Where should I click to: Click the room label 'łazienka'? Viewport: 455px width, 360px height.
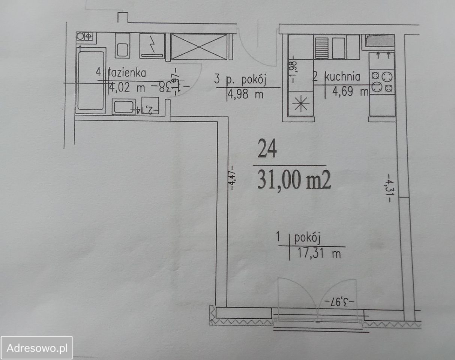[x=127, y=73]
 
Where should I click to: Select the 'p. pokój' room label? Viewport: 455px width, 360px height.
[x=246, y=80]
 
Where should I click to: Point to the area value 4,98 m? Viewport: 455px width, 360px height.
[x=246, y=94]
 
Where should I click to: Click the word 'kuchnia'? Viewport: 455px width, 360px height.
[x=342, y=77]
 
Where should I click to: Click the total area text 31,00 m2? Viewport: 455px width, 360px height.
[x=294, y=182]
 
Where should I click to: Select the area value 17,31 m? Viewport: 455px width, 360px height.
[x=318, y=253]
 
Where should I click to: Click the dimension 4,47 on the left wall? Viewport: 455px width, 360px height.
[x=232, y=178]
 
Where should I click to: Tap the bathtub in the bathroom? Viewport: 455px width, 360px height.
[x=90, y=80]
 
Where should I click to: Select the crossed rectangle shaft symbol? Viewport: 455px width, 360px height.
[x=199, y=46]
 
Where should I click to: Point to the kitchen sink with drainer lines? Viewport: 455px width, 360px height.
[x=332, y=46]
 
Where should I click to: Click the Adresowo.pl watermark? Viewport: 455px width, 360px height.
[x=37, y=348]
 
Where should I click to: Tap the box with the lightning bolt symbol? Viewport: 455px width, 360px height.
[x=152, y=46]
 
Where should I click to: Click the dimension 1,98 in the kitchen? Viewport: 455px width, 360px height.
[x=293, y=71]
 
